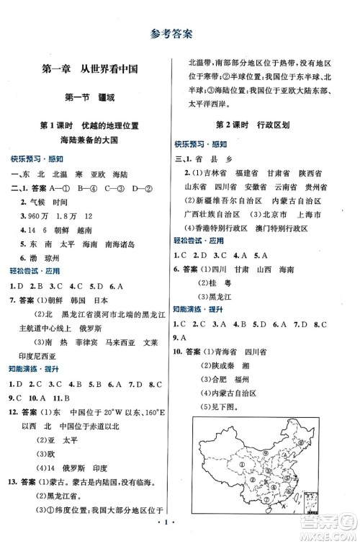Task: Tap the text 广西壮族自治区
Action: (211, 215)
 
